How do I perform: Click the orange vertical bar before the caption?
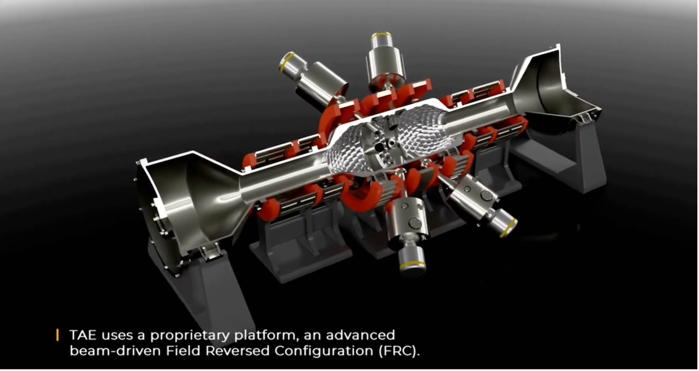tap(57, 335)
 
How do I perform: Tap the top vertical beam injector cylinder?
tap(384, 58)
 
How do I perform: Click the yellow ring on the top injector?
tap(382, 35)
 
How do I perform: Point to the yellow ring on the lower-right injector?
tap(509, 226)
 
